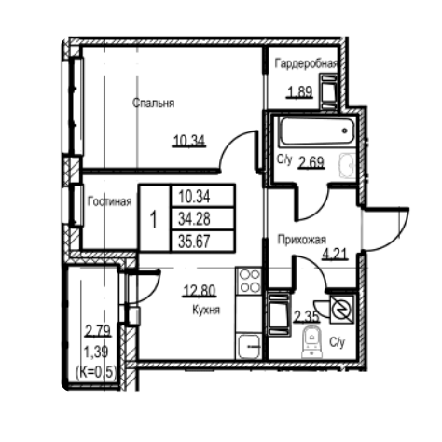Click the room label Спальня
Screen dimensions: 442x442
coord(154,104)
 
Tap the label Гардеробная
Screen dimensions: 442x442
coord(305,63)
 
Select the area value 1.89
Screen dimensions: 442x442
coord(299,91)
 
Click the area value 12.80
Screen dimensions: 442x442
coord(199,289)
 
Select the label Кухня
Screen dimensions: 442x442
coord(205,310)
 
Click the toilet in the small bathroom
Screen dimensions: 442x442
coord(307,345)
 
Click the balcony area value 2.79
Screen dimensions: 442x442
coord(97,329)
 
